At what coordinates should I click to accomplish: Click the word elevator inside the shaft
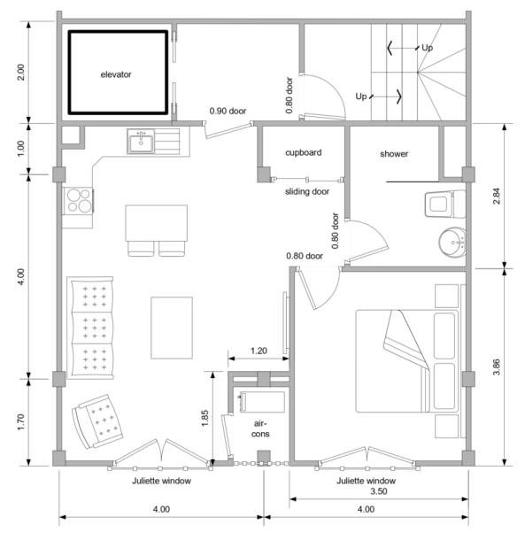tap(116, 74)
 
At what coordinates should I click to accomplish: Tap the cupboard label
tap(303, 152)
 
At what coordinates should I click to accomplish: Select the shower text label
tap(394, 154)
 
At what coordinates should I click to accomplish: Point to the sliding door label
tap(305, 190)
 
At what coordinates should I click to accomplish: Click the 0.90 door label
tap(228, 112)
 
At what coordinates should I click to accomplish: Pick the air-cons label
tap(259, 429)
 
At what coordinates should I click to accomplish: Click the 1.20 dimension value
tap(257, 351)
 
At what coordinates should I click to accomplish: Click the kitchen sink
tap(141, 141)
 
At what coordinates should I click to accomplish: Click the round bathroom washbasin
tap(454, 242)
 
